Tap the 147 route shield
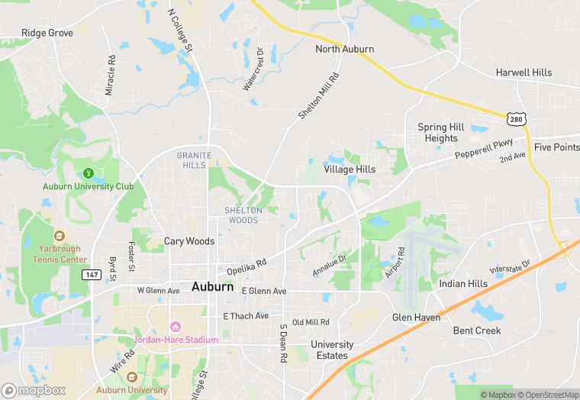tap(92, 274)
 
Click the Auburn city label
tap(213, 287)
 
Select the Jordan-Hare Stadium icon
tap(175, 327)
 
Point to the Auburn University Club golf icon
tap(89, 174)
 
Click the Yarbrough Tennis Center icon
tap(60, 237)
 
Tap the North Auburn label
tap(345, 49)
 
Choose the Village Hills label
tap(350, 169)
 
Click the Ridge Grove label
tap(47, 33)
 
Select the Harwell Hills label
tap(524, 73)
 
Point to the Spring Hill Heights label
tap(442, 133)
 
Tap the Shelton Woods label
tap(242, 215)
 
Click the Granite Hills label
tap(192, 160)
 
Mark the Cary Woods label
tap(189, 241)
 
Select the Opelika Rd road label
tap(246, 266)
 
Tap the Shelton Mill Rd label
tap(317, 96)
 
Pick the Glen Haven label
tap(416, 317)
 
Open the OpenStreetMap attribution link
tap(548, 395)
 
